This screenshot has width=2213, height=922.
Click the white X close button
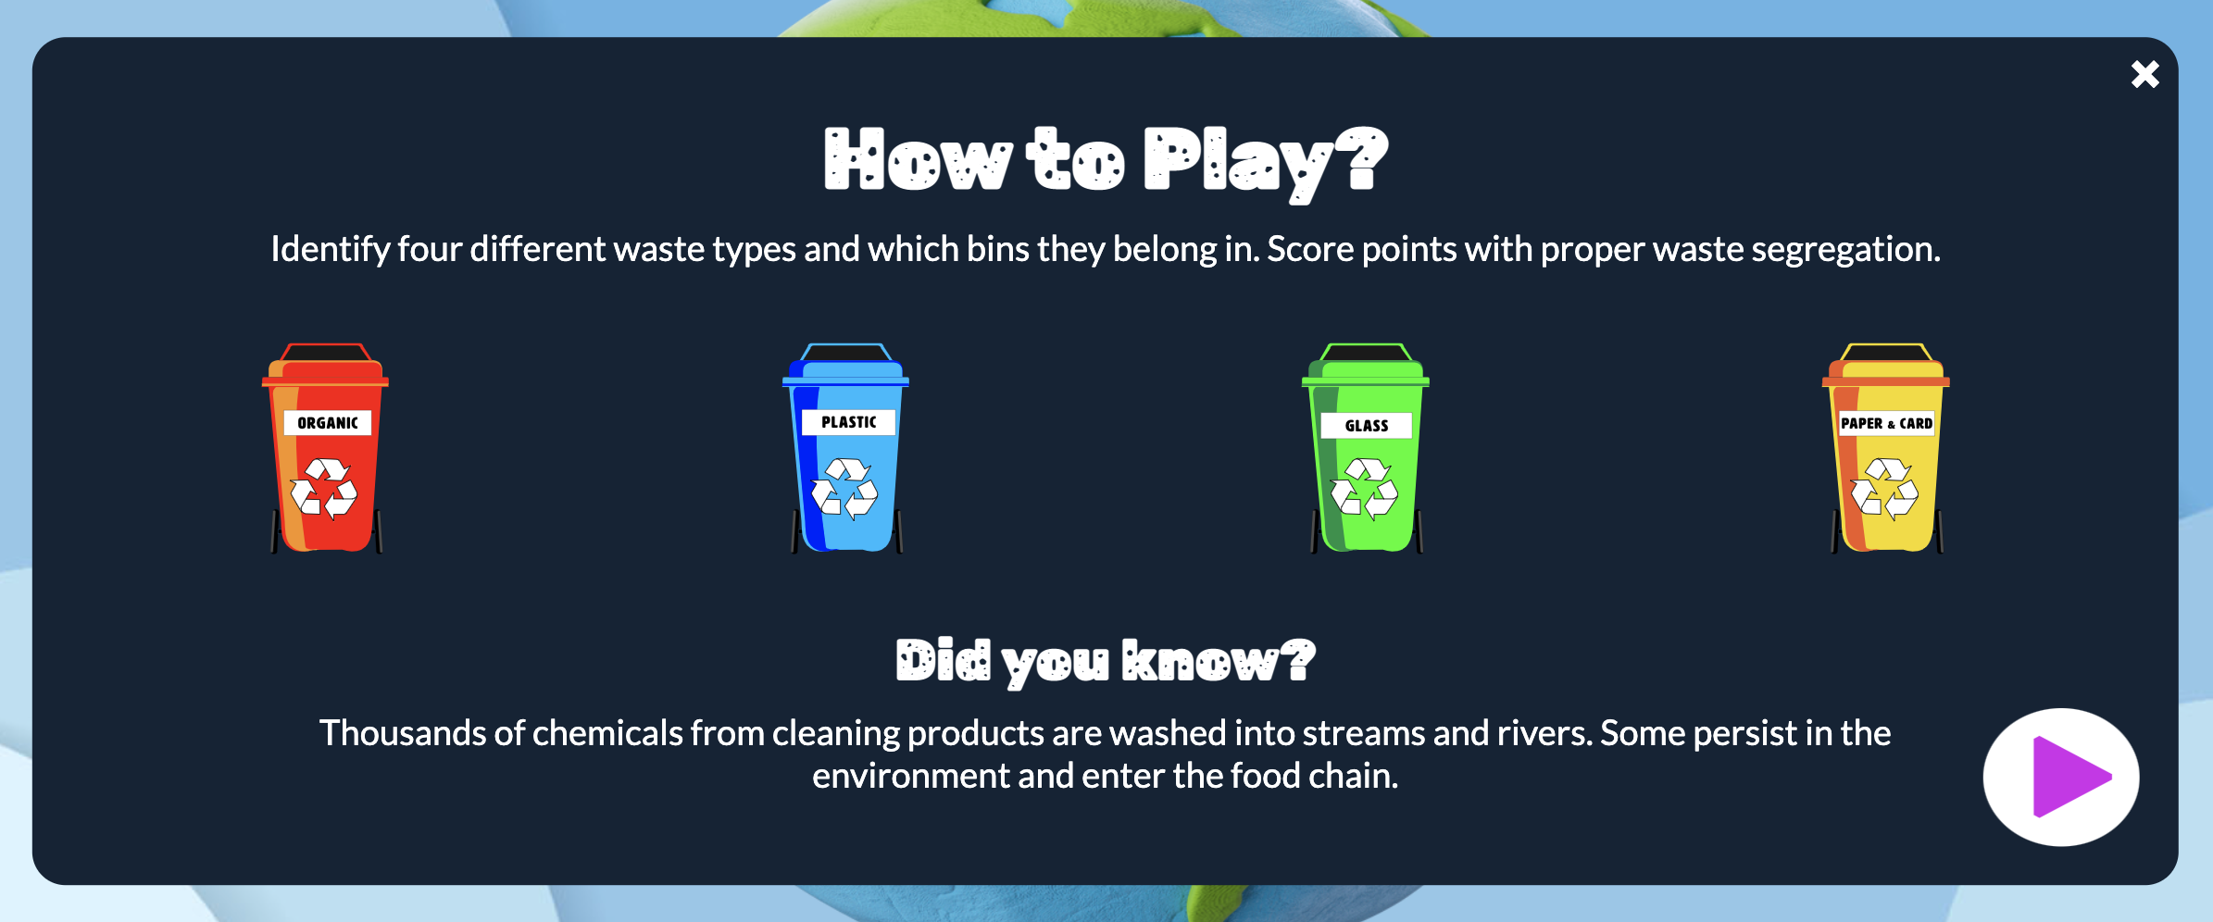(x=2144, y=74)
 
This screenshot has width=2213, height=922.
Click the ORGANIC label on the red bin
(x=328, y=423)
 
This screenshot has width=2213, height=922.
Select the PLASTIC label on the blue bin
(x=848, y=422)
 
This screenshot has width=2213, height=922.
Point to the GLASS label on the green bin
(x=1367, y=426)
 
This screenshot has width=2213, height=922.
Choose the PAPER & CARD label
(x=1886, y=423)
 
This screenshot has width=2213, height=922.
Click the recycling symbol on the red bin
(x=324, y=488)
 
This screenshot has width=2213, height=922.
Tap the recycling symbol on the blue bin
(x=844, y=488)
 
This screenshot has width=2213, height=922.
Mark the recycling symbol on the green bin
(x=1365, y=488)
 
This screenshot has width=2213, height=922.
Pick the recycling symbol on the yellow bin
(x=1885, y=488)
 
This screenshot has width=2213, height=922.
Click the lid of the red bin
(x=325, y=365)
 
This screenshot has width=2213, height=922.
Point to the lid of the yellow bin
(x=1886, y=365)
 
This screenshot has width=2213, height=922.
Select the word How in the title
(x=918, y=160)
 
